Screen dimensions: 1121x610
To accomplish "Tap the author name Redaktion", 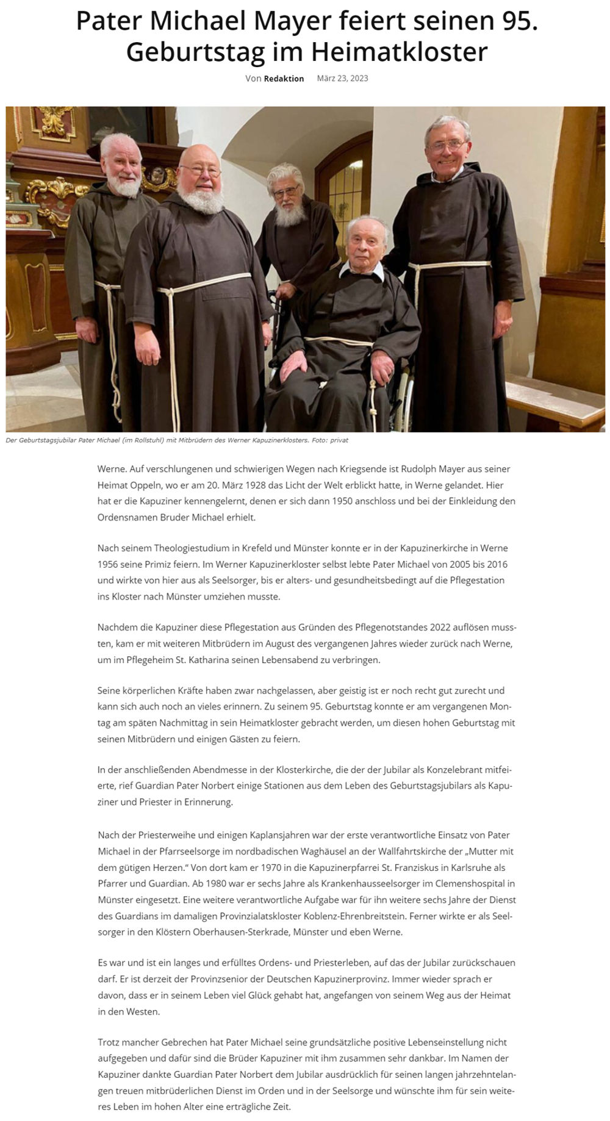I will pyautogui.click(x=284, y=79).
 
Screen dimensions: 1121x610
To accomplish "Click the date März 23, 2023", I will pyautogui.click(x=342, y=78).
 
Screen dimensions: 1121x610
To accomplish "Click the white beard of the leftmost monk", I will pyautogui.click(x=124, y=185).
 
